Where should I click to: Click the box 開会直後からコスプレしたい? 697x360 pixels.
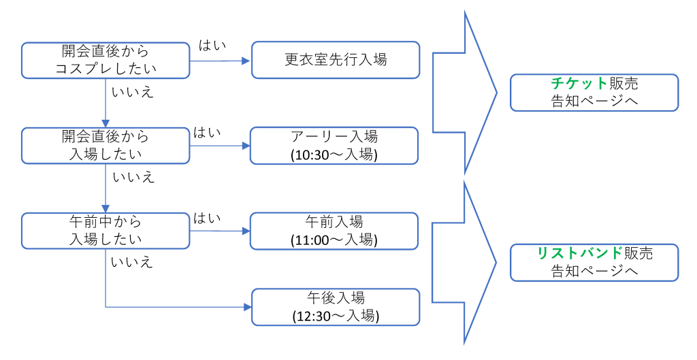coord(106,61)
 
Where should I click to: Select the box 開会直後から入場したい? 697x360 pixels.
coord(106,145)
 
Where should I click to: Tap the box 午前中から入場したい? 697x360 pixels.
coord(106,230)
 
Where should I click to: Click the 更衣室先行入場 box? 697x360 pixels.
coord(336,60)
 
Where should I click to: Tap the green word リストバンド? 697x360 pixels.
coord(580,253)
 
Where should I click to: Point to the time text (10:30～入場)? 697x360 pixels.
coord(333,154)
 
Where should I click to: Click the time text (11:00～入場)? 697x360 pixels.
coord(333,240)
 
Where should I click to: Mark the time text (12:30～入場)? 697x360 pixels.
coord(336,316)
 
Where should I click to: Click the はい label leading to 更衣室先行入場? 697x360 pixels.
coord(212,46)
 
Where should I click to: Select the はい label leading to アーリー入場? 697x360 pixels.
coord(208,132)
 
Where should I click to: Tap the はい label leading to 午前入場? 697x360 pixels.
coord(208,218)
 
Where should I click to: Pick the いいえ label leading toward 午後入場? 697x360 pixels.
coord(132,262)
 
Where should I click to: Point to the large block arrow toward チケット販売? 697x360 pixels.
coord(463,93)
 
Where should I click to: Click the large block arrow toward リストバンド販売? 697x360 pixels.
coord(463,262)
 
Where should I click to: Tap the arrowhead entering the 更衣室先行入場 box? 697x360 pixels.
coord(246,61)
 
